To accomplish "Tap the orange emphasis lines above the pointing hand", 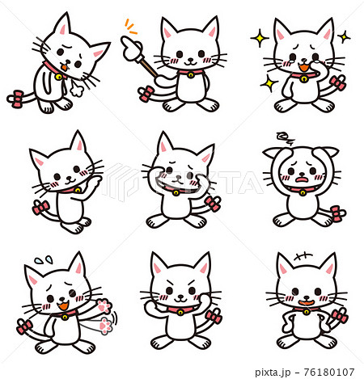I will coord(130,26).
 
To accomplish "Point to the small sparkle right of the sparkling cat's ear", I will coord(344,36).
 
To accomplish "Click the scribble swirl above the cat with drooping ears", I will coord(285,137).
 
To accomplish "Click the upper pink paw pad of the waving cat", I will coord(103,306).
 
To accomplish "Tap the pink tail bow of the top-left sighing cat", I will coord(16,99).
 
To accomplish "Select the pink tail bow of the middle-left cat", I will coord(40,209).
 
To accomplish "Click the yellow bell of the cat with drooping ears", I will coord(303,192).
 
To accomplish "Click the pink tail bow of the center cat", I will coord(213,203).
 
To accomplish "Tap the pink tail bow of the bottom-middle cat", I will coord(214,316).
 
